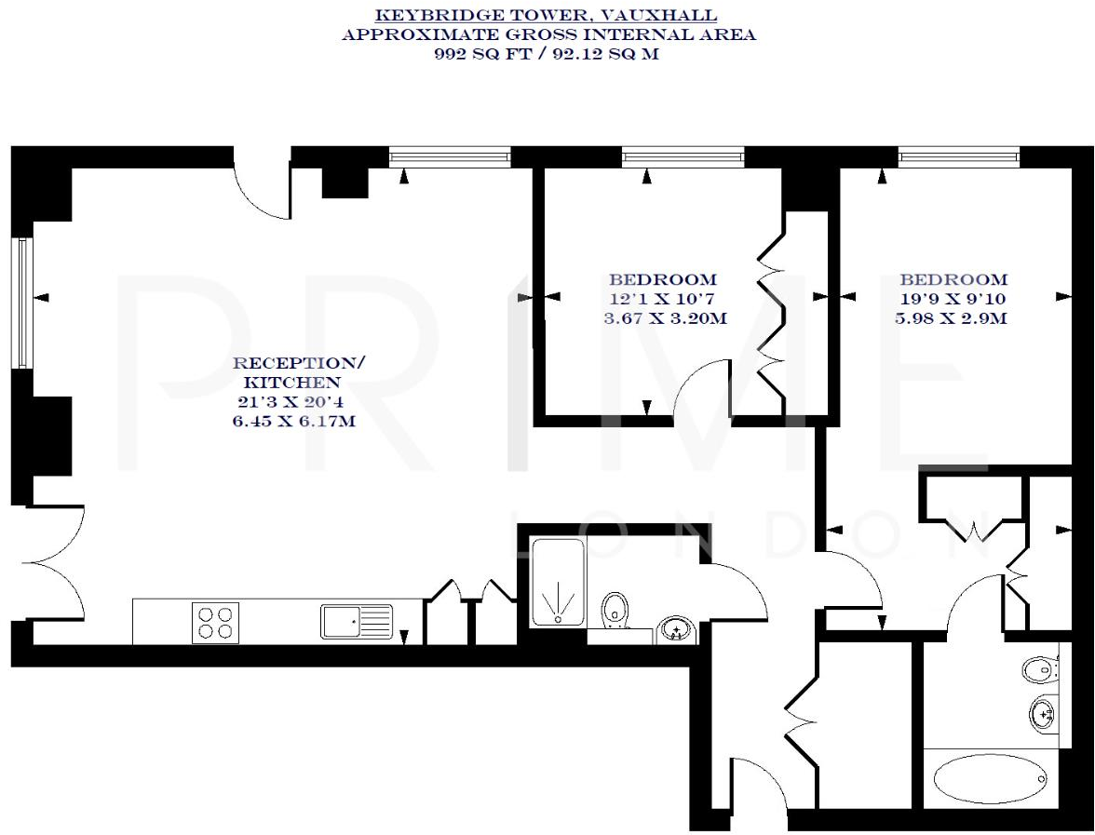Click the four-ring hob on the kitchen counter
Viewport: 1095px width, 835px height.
point(215,623)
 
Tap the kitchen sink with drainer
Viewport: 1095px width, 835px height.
point(357,622)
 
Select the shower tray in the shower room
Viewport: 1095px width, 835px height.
point(558,583)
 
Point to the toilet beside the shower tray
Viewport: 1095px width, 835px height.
point(615,610)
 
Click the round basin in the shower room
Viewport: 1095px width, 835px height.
point(675,630)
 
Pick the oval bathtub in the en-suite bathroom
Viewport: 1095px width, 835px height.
point(990,778)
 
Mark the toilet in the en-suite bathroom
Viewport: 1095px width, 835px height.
point(1041,668)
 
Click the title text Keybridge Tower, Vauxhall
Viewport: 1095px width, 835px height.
point(547,16)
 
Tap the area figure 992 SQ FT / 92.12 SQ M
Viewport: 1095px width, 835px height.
point(547,54)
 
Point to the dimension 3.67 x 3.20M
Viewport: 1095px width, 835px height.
point(664,318)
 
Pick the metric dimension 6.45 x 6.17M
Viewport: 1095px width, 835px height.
point(293,422)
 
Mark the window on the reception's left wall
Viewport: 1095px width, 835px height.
point(22,302)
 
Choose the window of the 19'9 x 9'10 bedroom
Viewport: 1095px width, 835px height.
point(958,156)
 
